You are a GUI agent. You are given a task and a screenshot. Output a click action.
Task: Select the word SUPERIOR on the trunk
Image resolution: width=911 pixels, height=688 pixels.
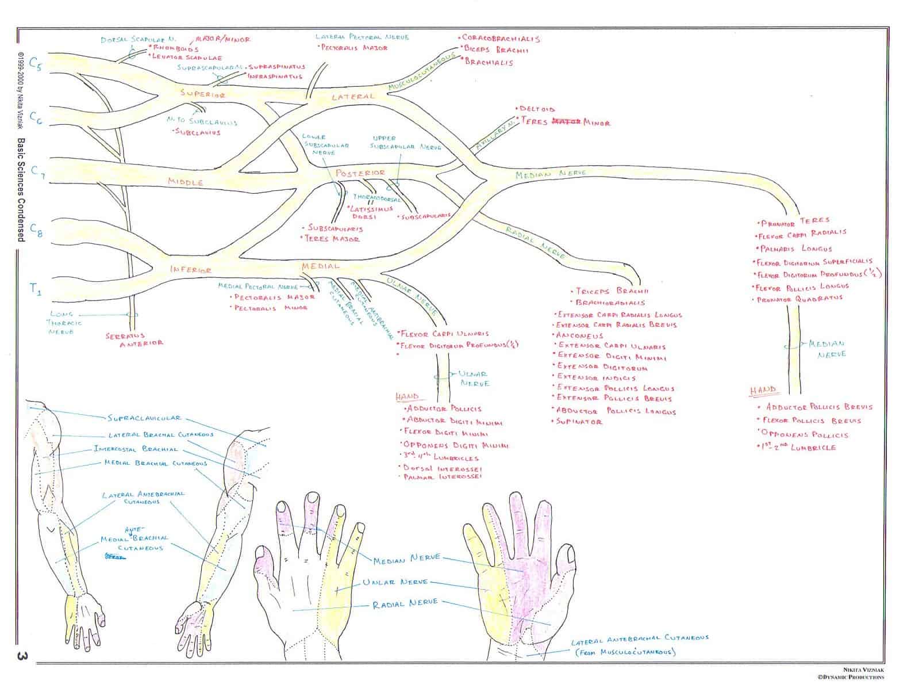202,94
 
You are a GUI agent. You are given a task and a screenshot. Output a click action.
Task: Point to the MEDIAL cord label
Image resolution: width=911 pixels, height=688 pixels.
320,266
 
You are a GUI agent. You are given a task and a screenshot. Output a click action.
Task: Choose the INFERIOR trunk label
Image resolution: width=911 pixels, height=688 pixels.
190,269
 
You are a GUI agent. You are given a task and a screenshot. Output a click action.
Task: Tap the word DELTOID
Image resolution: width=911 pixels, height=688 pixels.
537,108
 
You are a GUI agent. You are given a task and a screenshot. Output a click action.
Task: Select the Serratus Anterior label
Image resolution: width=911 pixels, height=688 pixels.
134,339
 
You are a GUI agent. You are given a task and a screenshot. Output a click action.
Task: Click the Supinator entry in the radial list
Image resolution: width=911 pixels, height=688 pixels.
579,422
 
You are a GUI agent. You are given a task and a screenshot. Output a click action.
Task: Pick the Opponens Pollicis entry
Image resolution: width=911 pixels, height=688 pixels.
803,434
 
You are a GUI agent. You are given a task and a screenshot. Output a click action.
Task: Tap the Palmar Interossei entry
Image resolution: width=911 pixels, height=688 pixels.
442,476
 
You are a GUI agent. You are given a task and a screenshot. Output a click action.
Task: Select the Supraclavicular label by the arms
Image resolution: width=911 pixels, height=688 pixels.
144,418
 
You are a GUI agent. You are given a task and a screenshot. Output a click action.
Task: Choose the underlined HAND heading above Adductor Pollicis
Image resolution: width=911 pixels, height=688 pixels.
407,396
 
